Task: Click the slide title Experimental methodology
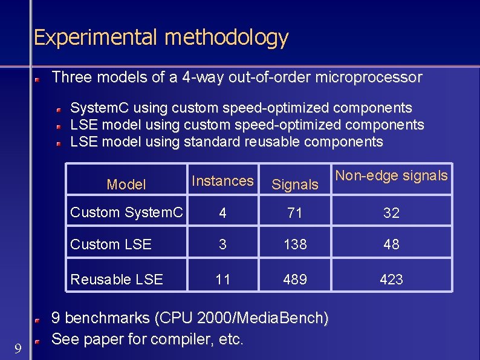161,38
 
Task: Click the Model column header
126,185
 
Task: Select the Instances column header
222,180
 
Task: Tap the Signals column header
295,185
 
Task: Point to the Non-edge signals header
391,175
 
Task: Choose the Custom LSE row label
111,244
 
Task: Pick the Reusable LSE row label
117,279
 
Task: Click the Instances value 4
223,213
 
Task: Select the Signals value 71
295,213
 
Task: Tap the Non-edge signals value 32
392,213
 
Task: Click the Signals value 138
295,244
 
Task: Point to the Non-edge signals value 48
392,244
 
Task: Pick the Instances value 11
223,279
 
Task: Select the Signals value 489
295,279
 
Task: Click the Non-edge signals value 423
392,279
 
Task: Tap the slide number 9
18,348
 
